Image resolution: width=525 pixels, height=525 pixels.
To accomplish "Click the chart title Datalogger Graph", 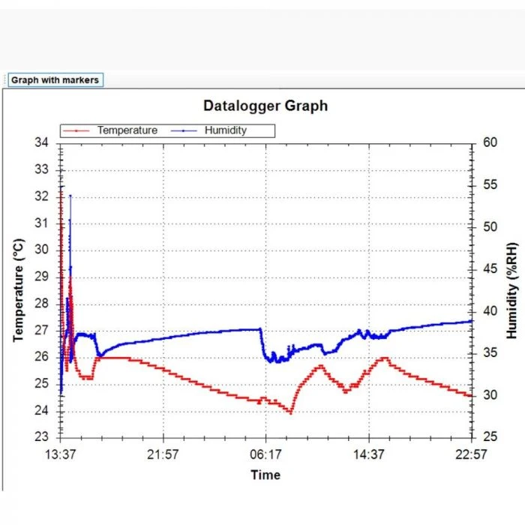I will pyautogui.click(x=265, y=106).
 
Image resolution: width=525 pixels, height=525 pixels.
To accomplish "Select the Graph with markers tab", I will pyautogui.click(x=55, y=80).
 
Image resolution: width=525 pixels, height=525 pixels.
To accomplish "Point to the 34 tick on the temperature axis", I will pyautogui.click(x=42, y=142).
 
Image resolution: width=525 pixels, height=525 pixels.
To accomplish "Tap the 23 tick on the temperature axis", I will pyautogui.click(x=42, y=437).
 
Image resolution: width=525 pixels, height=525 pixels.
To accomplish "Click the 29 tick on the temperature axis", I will pyautogui.click(x=42, y=277).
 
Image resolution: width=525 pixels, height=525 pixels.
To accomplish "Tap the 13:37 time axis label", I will pyautogui.click(x=61, y=454).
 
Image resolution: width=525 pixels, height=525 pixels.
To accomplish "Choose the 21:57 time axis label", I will pyautogui.click(x=163, y=454).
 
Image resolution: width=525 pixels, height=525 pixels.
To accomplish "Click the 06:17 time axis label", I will pyautogui.click(x=266, y=454).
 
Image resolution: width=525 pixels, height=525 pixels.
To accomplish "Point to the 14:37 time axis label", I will pyautogui.click(x=369, y=454).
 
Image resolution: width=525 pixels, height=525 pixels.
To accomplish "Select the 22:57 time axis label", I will pyautogui.click(x=471, y=454).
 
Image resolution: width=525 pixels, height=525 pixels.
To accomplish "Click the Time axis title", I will pyautogui.click(x=265, y=475).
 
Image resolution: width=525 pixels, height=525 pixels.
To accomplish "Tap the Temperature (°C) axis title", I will pyautogui.click(x=20, y=290).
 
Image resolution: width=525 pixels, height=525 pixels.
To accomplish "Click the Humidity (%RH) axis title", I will pyautogui.click(x=512, y=290).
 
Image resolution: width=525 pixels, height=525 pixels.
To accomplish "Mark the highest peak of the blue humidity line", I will pyautogui.click(x=70, y=196).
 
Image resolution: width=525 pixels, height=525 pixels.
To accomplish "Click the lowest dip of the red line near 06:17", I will pyautogui.click(x=290, y=412).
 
